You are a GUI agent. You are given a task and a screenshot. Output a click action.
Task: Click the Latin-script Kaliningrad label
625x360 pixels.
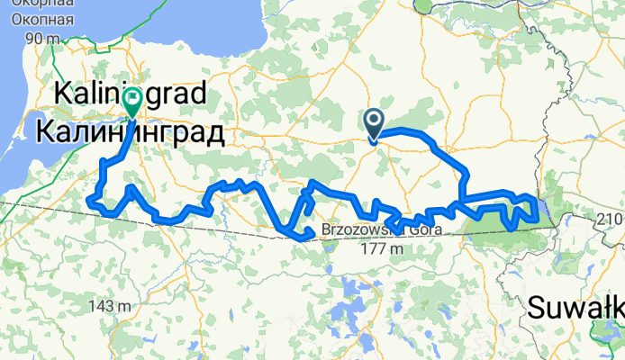tap(131, 92)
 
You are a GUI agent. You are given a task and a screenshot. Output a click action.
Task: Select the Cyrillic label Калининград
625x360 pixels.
tap(131, 132)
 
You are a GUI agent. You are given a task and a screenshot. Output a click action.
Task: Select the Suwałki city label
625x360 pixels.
tap(575, 309)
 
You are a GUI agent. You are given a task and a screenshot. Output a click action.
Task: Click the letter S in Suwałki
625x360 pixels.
tap(534, 309)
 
